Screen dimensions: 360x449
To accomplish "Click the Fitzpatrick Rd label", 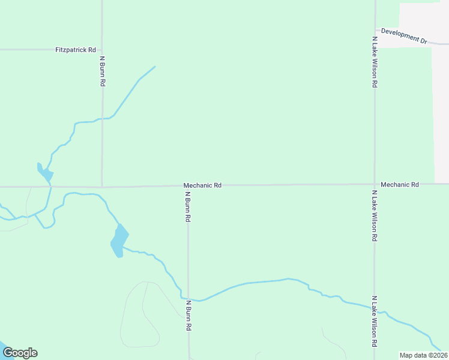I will click(76, 50).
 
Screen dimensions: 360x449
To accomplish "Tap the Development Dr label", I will click(404, 35).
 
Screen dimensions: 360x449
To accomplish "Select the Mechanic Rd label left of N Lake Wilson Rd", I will click(202, 185).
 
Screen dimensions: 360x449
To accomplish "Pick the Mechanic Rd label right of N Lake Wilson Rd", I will click(399, 185).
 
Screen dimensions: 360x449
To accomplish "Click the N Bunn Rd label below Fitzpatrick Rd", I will click(103, 71).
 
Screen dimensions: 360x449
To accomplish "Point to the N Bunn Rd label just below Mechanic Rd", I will click(188, 207).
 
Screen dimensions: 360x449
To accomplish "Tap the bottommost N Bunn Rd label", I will click(188, 316).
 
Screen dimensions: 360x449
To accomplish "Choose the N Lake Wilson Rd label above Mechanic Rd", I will click(375, 62).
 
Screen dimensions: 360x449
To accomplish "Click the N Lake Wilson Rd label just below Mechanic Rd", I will click(375, 216).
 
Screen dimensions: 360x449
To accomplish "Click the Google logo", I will click(20, 353).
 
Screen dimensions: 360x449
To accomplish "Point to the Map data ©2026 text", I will click(423, 355).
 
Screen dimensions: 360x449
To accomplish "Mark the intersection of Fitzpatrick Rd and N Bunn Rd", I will click(102, 50).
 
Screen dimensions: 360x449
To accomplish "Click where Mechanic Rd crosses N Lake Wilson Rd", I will click(375, 184).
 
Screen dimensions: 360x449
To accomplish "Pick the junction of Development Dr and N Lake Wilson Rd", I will click(375, 29).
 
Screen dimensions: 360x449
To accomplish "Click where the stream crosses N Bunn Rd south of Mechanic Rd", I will click(188, 299).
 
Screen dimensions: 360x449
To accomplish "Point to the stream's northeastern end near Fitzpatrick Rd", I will click(155, 67).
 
